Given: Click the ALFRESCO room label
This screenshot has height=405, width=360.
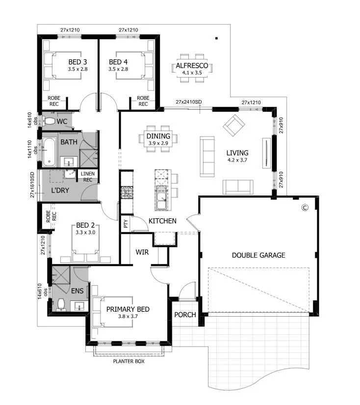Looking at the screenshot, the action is click(x=192, y=66).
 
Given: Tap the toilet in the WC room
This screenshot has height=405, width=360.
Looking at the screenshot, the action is click(x=49, y=121).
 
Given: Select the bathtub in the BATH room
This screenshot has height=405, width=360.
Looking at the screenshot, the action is click(x=49, y=152).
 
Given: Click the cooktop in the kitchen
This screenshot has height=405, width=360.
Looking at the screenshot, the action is click(x=127, y=192).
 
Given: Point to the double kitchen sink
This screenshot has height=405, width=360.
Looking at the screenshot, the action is click(x=161, y=198).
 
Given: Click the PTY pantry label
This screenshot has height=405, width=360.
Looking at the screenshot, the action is click(x=126, y=224).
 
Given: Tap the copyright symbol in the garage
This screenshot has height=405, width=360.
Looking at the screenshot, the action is click(x=305, y=207).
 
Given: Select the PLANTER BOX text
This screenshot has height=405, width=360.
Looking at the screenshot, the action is click(x=129, y=361).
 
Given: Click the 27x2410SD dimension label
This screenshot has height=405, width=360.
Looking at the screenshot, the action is click(x=189, y=102).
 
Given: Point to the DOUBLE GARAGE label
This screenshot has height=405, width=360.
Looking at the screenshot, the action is click(x=258, y=255).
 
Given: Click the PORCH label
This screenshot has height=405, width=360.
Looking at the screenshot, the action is click(x=185, y=315).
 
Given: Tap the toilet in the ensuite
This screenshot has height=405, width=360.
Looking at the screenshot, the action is click(x=61, y=304).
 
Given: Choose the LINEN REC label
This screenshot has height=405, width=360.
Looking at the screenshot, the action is click(x=88, y=177).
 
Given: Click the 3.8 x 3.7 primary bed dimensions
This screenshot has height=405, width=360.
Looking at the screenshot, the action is click(x=128, y=317).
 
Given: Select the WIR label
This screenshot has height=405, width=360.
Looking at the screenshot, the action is click(x=142, y=252).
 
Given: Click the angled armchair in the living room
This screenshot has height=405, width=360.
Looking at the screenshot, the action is click(x=234, y=126).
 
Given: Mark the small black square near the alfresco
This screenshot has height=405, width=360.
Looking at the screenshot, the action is click(x=216, y=38).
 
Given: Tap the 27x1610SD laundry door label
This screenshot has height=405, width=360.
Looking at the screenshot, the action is click(x=32, y=185).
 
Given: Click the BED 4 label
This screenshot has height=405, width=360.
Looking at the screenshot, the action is click(x=118, y=62).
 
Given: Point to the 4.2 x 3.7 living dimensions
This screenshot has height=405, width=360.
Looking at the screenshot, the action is click(x=237, y=160).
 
